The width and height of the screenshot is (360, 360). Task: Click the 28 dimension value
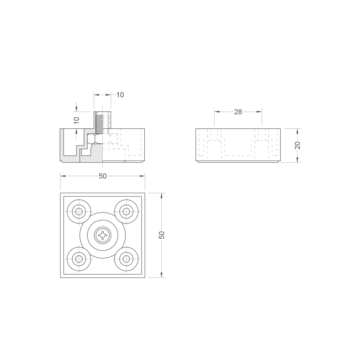pyautogui.click(x=238, y=112)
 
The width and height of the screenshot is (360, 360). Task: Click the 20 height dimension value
pyautogui.click(x=297, y=145)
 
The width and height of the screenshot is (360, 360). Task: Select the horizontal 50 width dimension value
pyautogui.click(x=103, y=176)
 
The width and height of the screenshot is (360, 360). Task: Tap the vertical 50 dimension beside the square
pyautogui.click(x=162, y=235)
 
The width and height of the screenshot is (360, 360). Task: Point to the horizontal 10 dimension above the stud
pyautogui.click(x=120, y=95)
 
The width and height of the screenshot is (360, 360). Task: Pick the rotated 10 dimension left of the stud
pyautogui.click(x=76, y=120)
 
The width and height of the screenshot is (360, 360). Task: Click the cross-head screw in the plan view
pyautogui.click(x=103, y=235)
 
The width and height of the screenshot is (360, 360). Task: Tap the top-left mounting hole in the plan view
pyautogui.click(x=79, y=211)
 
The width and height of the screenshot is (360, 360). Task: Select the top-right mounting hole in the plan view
pyautogui.click(x=127, y=211)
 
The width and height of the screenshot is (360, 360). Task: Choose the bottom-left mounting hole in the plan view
pyautogui.click(x=79, y=259)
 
